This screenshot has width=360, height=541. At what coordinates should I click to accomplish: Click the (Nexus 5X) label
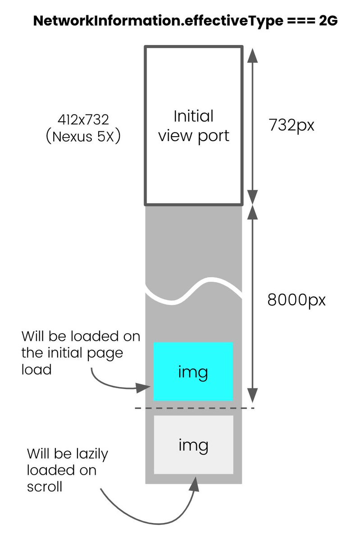click(84, 136)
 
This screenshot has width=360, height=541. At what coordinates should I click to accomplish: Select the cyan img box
click(193, 371)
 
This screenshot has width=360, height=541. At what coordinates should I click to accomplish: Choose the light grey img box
click(193, 445)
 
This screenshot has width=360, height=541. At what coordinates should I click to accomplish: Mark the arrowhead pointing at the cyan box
click(146, 387)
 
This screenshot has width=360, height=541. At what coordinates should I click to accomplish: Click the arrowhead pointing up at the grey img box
click(195, 483)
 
